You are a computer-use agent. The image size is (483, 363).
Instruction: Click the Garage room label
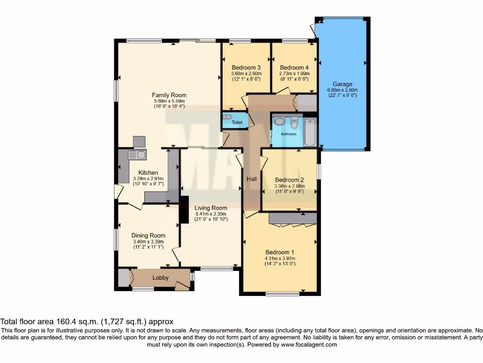342,84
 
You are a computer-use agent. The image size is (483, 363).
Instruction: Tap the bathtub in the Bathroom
310,133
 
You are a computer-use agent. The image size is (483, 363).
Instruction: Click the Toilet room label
237,123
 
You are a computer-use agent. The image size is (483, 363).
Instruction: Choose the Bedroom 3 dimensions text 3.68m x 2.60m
246,74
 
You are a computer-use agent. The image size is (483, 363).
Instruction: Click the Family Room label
169,95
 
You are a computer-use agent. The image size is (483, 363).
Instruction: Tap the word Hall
251,179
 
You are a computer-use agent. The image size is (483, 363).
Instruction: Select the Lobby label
160,278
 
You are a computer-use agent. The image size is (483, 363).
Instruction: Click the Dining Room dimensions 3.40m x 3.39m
148,242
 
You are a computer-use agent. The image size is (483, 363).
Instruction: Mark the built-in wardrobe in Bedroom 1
292,218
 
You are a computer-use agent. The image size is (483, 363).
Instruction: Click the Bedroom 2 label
289,180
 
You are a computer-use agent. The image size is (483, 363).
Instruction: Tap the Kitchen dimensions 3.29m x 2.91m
148,179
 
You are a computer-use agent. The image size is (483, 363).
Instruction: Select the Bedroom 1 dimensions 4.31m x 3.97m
279,259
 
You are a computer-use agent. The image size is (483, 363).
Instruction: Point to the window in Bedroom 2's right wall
318,171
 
